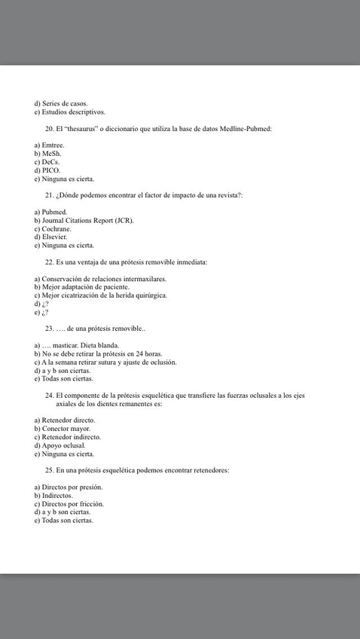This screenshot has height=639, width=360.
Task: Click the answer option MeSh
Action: coord(51,153)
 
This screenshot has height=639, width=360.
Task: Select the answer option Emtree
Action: coord(53,145)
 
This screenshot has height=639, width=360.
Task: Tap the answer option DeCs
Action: coord(50,162)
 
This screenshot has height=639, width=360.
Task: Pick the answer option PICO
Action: coord(51,170)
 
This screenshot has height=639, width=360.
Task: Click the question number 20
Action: coord(50,129)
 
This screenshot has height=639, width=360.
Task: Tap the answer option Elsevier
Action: coord(54,237)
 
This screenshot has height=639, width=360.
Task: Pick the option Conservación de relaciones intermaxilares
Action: coord(104,279)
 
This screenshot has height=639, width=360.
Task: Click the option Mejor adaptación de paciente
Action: coord(85,287)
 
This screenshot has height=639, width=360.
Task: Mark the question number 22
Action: coord(50,261)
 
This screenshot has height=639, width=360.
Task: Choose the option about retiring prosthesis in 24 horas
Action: coord(101,353)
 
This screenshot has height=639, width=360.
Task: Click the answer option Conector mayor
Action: coord(66,428)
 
